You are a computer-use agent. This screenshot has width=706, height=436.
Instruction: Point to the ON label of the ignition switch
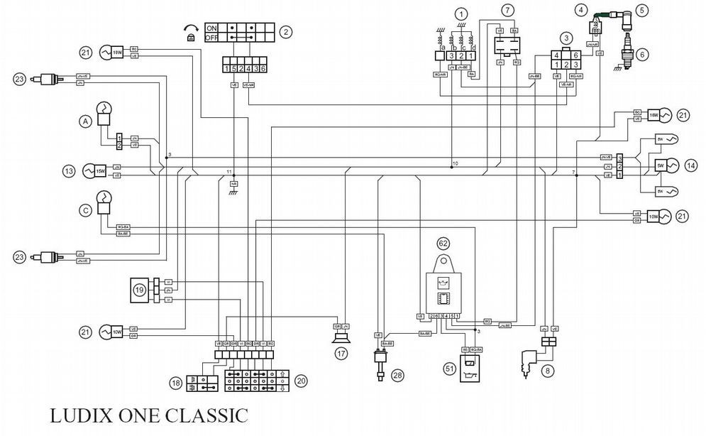tap(211, 27)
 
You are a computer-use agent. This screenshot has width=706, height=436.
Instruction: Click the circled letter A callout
tap(84, 121)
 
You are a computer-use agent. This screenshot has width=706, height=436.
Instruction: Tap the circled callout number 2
tap(286, 32)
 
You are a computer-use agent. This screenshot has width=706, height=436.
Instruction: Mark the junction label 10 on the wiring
tap(455, 163)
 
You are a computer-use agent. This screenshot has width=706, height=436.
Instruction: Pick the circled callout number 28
tap(397, 376)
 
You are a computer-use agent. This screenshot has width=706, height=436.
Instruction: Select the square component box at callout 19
tap(139, 289)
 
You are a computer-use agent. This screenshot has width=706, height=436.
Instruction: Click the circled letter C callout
tap(84, 210)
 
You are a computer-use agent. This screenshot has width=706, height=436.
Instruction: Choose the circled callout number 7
tap(507, 11)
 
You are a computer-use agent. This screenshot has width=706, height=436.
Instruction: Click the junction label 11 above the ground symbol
tap(228, 172)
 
